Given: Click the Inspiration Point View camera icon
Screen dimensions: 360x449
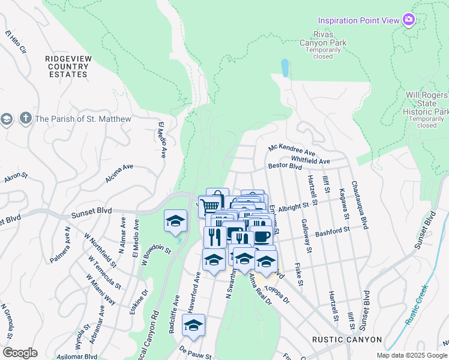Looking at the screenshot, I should [x=409, y=20].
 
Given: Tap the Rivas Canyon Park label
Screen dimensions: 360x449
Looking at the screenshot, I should [x=324, y=43].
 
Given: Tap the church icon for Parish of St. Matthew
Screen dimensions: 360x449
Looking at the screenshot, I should [x=25, y=118].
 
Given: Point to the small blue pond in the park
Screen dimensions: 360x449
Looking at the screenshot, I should [x=284, y=68].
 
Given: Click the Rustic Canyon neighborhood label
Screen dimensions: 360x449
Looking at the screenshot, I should [x=347, y=340].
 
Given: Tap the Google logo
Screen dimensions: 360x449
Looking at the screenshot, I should [x=20, y=352].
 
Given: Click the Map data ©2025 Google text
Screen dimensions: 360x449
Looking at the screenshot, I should [x=412, y=355].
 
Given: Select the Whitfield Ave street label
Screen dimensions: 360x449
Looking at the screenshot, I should [x=310, y=161].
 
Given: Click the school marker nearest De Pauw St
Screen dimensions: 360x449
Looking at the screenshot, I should [x=193, y=326].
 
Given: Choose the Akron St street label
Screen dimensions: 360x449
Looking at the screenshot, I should [x=16, y=176].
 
